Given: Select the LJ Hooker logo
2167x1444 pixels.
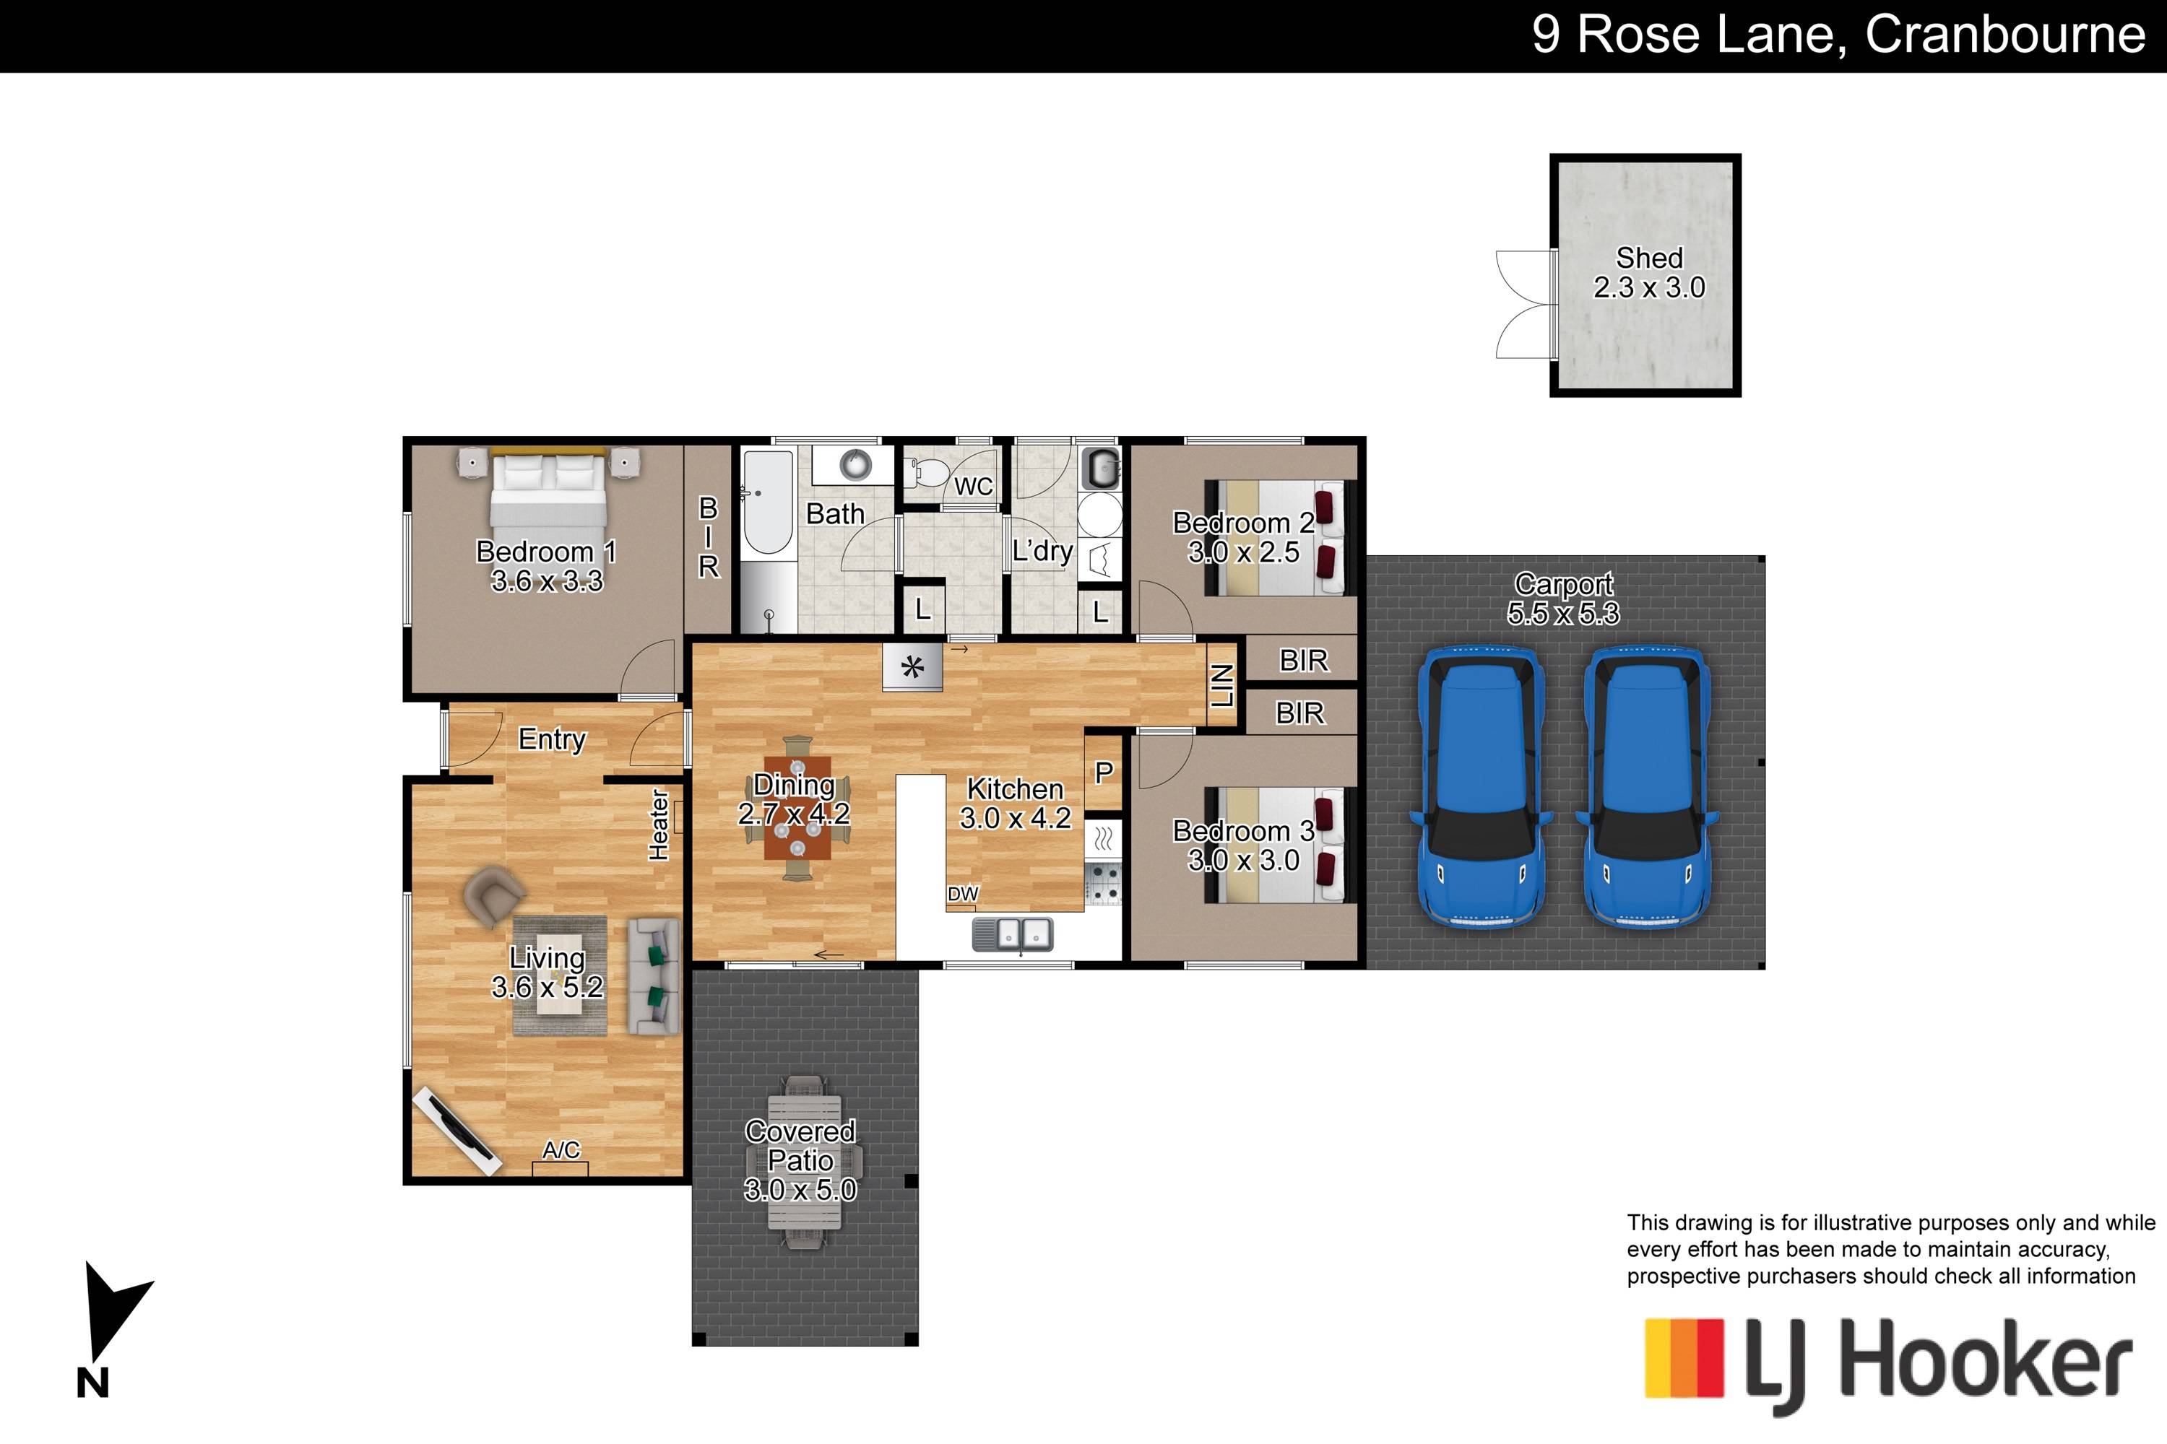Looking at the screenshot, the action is pyautogui.click(x=1889, y=1365).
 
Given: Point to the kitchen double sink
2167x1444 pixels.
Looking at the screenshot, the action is pyautogui.click(x=1013, y=935).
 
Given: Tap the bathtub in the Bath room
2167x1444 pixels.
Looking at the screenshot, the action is pyautogui.click(x=767, y=502).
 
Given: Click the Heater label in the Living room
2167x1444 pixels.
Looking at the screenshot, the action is pyautogui.click(x=658, y=825).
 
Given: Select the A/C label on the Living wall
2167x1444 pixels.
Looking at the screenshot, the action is pyautogui.click(x=561, y=1149).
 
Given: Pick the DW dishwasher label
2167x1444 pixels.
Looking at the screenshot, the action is pyautogui.click(x=963, y=893).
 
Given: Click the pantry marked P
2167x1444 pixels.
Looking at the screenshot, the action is pyautogui.click(x=1104, y=773).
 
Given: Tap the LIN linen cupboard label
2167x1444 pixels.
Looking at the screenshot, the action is pyautogui.click(x=1221, y=685).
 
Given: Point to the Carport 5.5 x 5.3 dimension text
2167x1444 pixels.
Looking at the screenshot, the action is pyautogui.click(x=1564, y=613).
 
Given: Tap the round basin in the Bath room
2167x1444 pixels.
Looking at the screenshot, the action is pyautogui.click(x=856, y=464).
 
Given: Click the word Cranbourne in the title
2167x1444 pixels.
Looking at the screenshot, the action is pyautogui.click(x=2005, y=34).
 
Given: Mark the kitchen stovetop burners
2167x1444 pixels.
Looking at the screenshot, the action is pyautogui.click(x=1103, y=882).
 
